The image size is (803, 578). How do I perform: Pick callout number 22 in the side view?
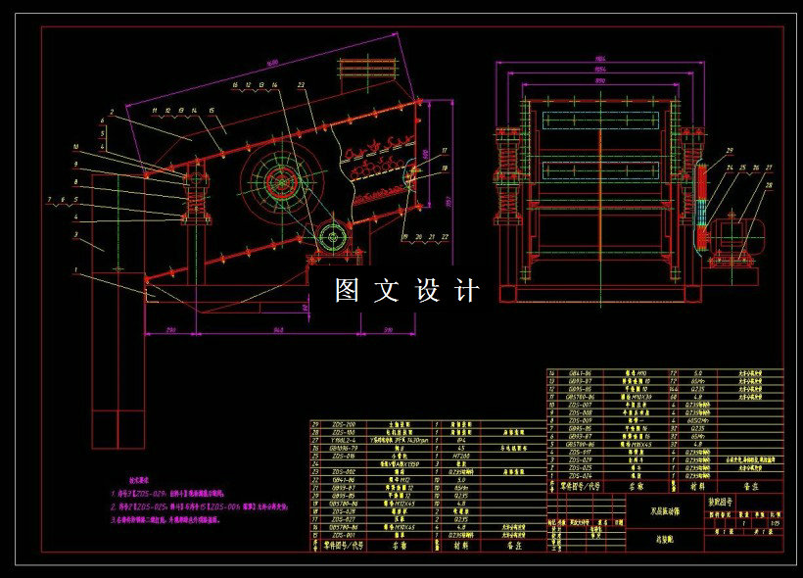446,236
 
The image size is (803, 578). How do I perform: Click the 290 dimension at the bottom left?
173,331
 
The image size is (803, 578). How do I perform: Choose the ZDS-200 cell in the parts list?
345,424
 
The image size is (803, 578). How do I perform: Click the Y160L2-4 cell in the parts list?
345,440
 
